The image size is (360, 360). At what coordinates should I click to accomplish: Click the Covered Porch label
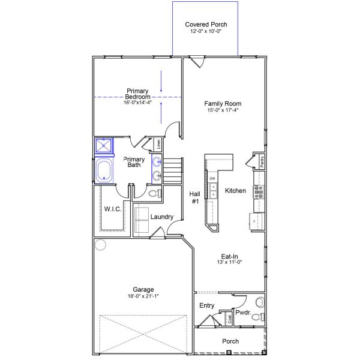206,24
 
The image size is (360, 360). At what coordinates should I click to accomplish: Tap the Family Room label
223,103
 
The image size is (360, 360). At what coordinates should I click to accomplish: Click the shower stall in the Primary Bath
104,146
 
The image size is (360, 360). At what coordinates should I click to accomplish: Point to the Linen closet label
158,144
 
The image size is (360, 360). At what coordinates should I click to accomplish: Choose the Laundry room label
162,217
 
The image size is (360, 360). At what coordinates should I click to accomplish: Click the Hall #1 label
195,197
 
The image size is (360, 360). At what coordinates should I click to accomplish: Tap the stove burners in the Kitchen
259,191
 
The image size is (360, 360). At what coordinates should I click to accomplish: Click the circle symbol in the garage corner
100,245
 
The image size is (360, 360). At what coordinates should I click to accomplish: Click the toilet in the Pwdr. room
257,317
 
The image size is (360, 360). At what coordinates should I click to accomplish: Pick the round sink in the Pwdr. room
260,301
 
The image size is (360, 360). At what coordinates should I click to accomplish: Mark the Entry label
206,306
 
